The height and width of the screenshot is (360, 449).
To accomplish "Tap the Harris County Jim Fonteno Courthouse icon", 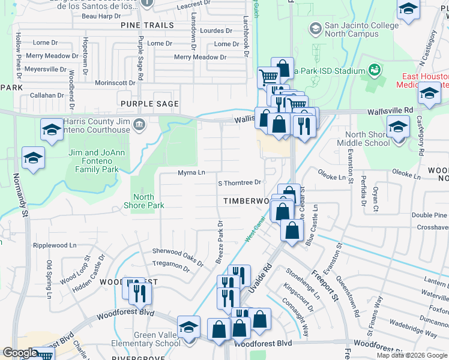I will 139,125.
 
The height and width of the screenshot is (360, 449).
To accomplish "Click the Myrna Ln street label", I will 191,173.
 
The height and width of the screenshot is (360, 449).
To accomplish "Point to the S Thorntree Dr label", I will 240,182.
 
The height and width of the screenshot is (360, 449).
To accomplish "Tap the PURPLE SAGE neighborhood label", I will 149,104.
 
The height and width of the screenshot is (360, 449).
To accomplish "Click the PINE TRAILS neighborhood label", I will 147,26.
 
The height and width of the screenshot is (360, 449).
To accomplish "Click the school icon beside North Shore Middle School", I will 398,127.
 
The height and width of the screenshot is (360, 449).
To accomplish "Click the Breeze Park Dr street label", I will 219,243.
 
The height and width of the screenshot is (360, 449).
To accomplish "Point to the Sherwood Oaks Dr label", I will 178,255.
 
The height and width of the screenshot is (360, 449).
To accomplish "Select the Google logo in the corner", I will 20,353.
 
